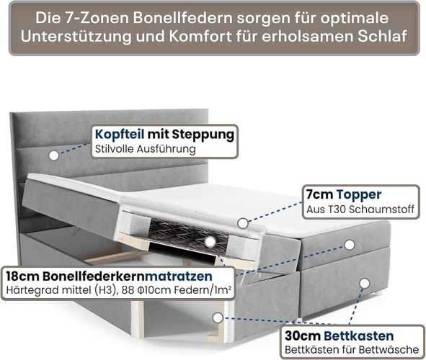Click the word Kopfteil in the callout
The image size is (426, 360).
120,134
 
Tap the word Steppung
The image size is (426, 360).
203,135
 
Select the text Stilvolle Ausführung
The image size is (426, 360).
146,149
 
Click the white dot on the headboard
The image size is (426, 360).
54,156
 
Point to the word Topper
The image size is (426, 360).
359,194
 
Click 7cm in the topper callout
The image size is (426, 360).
320,194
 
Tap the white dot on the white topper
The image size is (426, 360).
243,223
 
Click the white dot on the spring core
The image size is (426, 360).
210,242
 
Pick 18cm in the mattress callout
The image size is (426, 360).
23,276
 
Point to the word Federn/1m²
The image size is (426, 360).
203,290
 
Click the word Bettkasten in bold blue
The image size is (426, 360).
359,336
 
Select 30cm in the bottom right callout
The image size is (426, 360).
303,336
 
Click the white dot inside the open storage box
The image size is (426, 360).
218,318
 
